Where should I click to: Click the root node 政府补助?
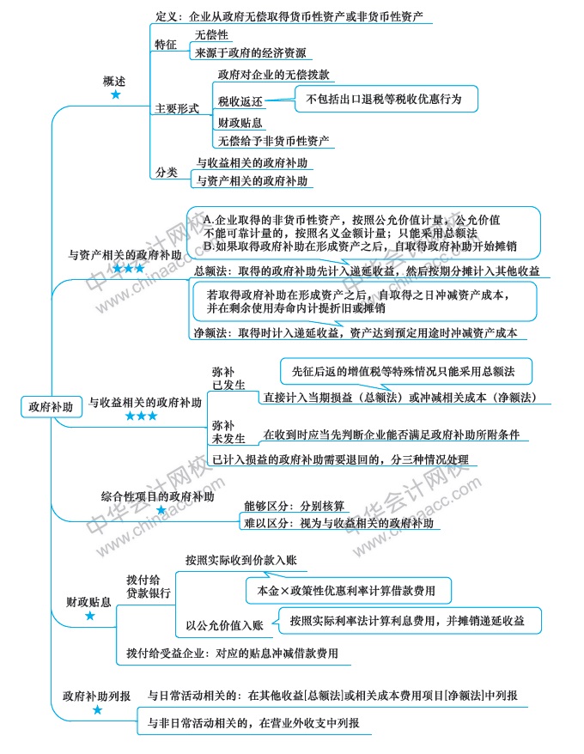50,406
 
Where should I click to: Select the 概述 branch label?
114,81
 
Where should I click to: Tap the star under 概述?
115,94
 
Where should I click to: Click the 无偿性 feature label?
210,35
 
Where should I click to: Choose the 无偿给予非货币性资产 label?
275,141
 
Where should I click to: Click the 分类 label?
166,173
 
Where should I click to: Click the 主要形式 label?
177,109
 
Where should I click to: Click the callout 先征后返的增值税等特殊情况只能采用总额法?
405,371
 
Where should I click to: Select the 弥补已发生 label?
223,380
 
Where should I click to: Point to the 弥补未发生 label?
223,430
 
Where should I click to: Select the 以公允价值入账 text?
224,624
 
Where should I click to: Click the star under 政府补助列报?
97,710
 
